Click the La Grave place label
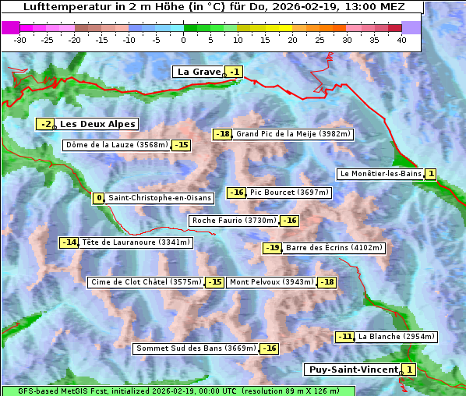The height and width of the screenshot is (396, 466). tap(199, 72)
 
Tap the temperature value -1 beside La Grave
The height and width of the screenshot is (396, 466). tap(235, 72)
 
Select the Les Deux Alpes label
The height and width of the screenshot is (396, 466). tap(97, 124)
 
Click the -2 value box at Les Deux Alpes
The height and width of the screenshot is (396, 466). tap(46, 124)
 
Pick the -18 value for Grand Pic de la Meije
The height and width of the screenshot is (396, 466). tap(223, 134)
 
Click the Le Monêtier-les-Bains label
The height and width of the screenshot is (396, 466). tap(380, 174)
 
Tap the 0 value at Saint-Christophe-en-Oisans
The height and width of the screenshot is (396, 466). tap(98, 198)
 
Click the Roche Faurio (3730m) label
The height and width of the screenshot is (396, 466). tap(234, 221)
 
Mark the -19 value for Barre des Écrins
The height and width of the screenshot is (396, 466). tap(272, 248)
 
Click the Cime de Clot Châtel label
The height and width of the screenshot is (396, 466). tap(146, 282)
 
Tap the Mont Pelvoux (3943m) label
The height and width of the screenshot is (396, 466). tap(271, 282)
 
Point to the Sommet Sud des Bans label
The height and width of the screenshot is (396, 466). tap(196, 348)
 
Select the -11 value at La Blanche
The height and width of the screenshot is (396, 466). tap(345, 337)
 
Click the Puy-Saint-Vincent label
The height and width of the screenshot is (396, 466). tap(353, 369)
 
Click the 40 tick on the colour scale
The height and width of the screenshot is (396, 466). tap(401, 40)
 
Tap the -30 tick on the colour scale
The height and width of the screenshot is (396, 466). tap(21, 40)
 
